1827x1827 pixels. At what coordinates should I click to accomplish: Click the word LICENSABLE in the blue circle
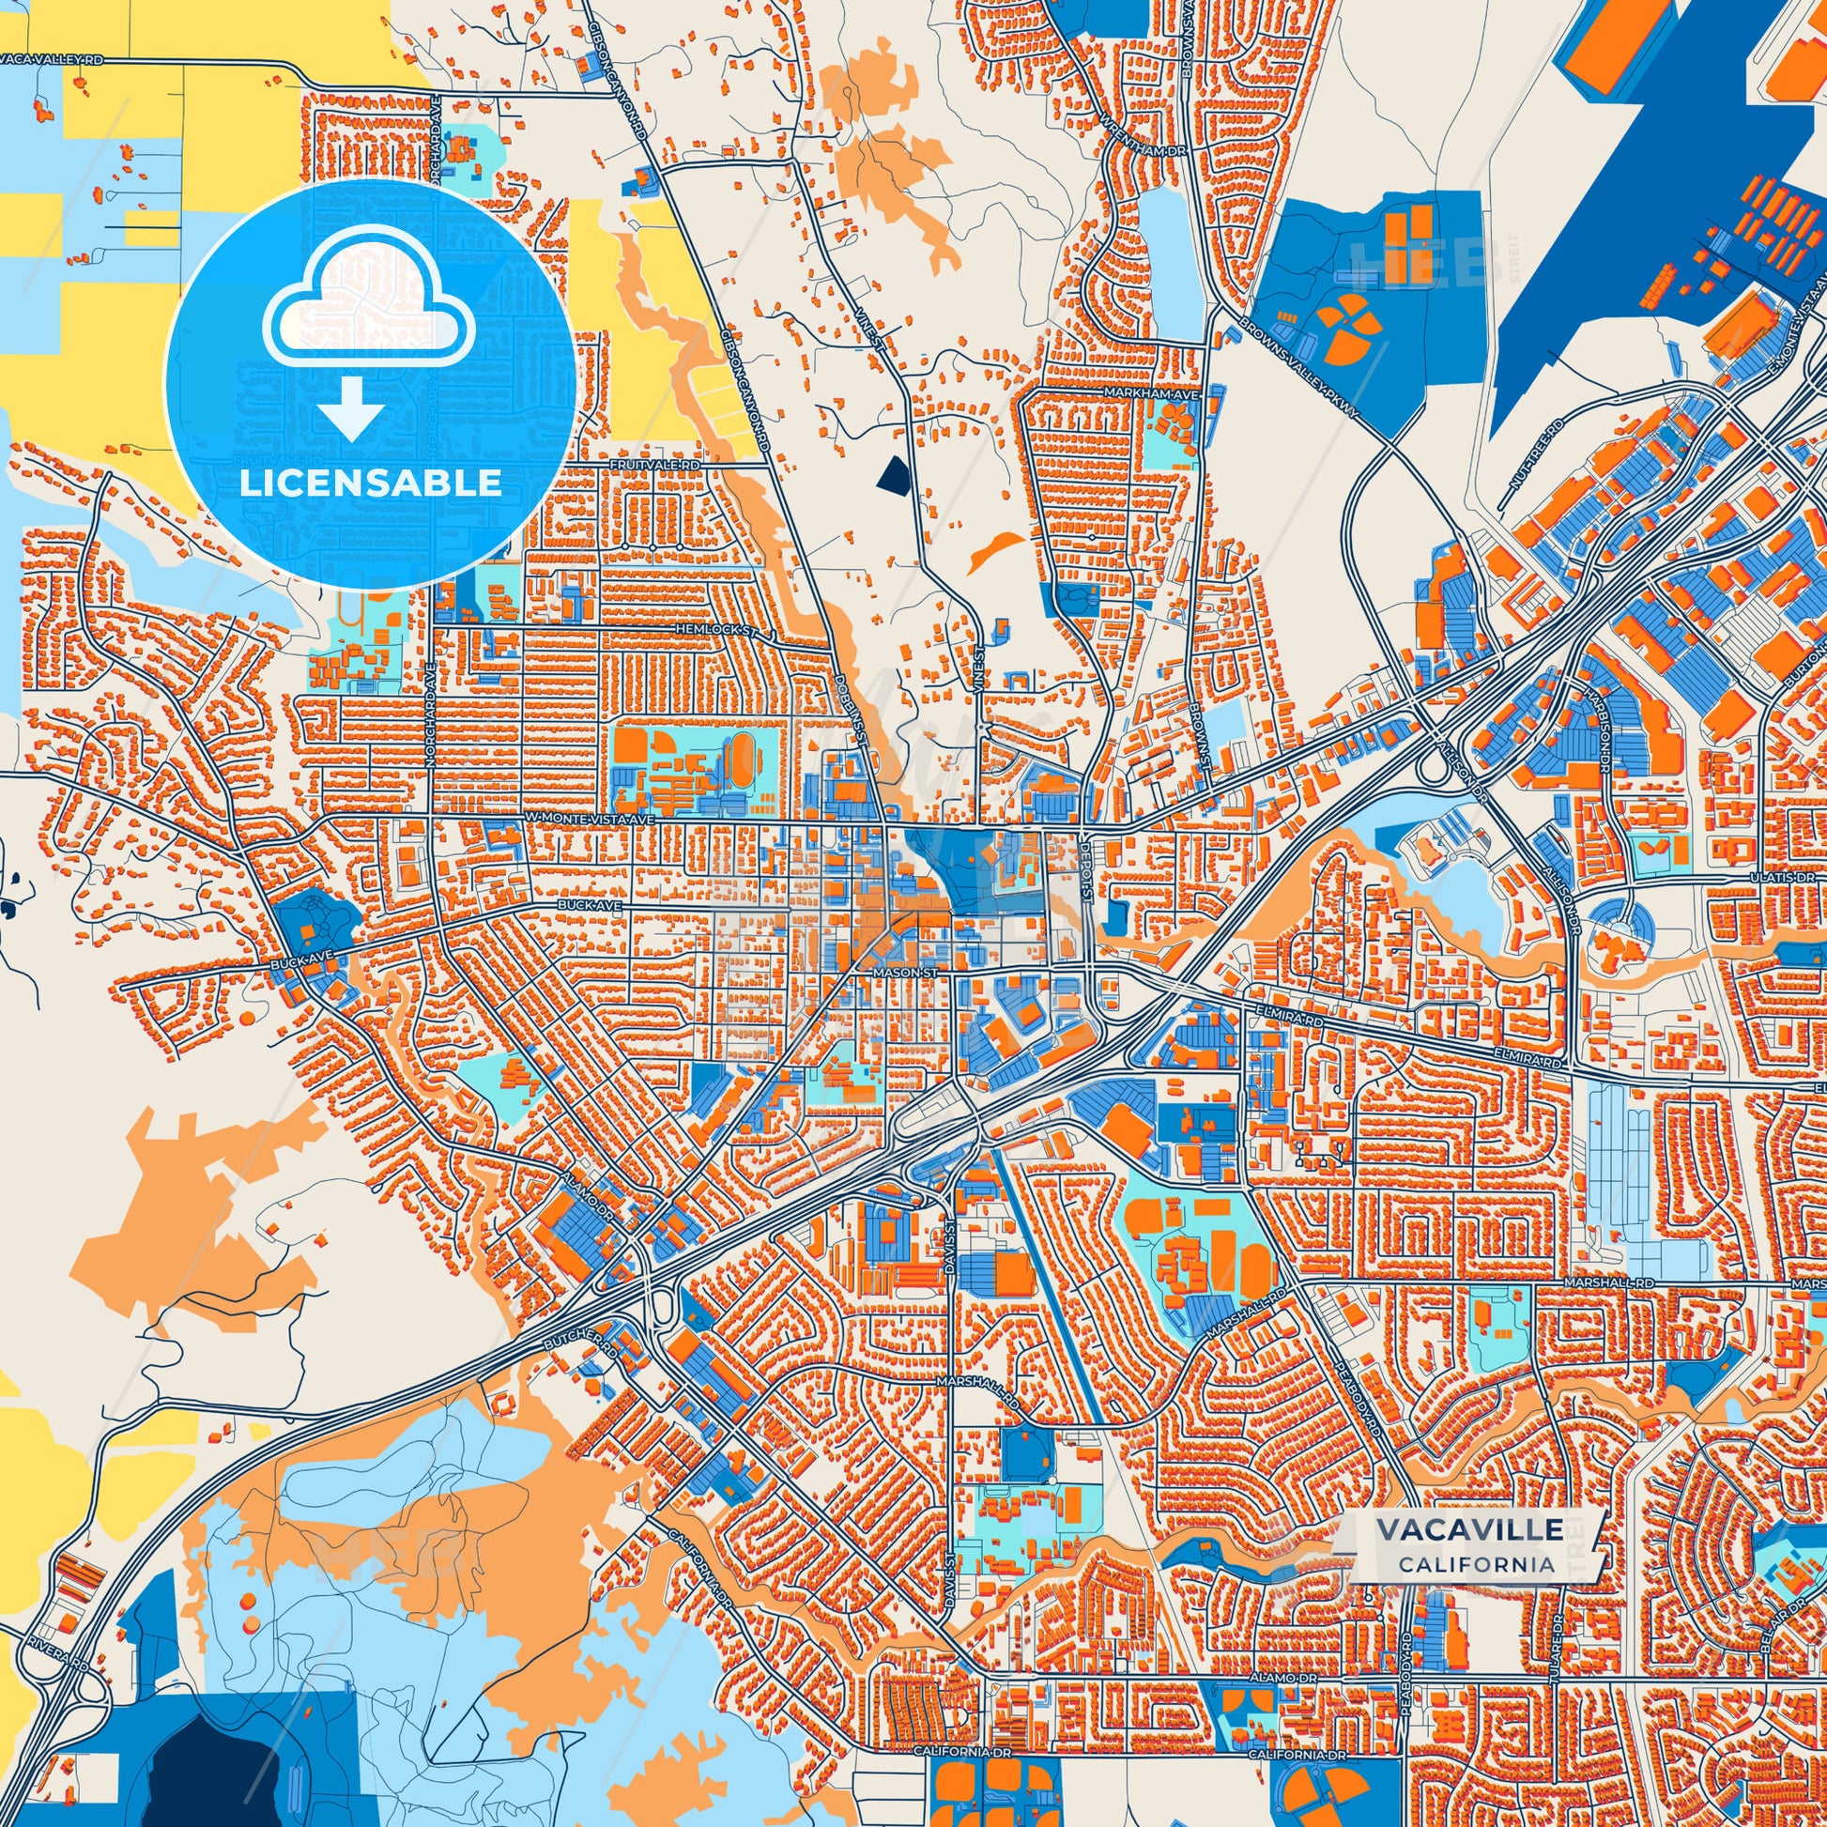pyautogui.click(x=370, y=484)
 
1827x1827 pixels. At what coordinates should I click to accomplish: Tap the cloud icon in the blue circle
pyautogui.click(x=370, y=299)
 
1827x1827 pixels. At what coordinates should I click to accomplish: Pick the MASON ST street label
pyautogui.click(x=905, y=970)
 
